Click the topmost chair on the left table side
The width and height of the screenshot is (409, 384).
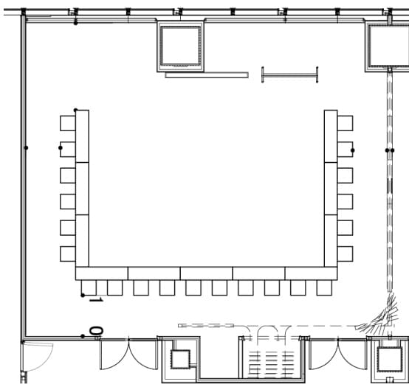tap(68, 123)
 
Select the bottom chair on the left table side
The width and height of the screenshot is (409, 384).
tap(68, 254)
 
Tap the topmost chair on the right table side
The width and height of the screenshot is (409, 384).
tap(345, 123)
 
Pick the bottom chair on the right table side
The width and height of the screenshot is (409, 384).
tap(345, 254)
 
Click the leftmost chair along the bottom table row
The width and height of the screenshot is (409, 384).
tap(89, 287)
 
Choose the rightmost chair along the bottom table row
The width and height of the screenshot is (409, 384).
tap(324, 287)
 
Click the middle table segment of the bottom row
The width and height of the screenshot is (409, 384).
tap(206, 273)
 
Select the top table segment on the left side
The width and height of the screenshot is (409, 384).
tap(82, 136)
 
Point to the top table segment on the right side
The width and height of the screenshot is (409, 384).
tap(331, 136)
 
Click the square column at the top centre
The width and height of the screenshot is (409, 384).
tap(180, 46)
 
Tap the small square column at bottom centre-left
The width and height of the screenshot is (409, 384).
tap(180, 359)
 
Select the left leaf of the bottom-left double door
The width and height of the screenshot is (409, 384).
tap(114, 355)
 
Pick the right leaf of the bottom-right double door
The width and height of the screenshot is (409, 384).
tap(353, 355)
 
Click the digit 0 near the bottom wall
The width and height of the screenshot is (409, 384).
tap(96, 331)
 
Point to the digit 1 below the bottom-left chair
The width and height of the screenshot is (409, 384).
tap(96, 300)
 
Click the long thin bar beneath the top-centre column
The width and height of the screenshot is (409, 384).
tap(207, 75)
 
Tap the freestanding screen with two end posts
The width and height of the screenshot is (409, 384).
tap(290, 75)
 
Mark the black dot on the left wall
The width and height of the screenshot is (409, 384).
tap(26, 148)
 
